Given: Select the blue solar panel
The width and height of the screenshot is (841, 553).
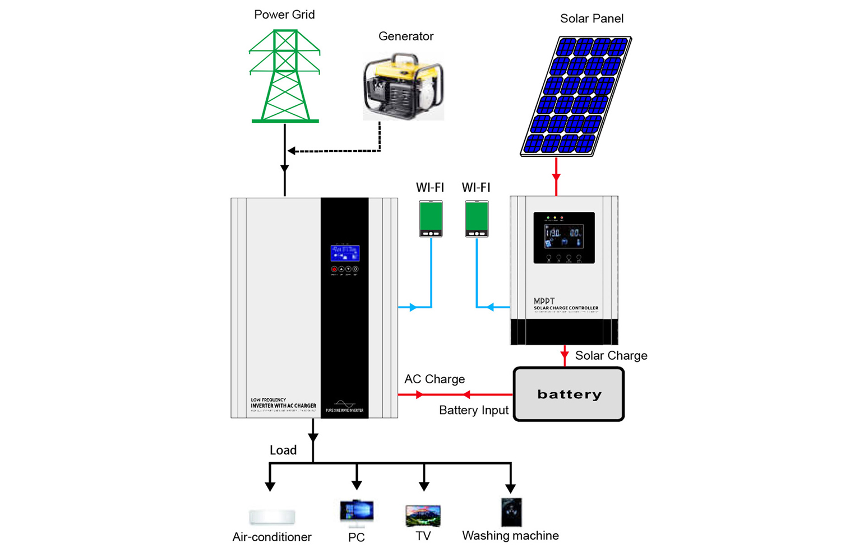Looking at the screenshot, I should pos(576,96).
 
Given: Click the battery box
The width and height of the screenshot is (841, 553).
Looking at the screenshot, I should pos(569,394).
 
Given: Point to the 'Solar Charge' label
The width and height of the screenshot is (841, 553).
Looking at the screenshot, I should pos(611,356).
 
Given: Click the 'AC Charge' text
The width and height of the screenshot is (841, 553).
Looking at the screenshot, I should pos(435,379).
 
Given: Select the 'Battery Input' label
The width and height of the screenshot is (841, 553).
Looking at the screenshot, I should pos(474,410).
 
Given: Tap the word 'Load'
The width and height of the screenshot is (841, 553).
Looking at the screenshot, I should pos(283,450).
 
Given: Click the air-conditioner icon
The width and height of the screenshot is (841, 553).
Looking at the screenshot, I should pos(272,517).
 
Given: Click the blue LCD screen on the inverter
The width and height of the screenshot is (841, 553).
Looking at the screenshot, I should pos(345,253).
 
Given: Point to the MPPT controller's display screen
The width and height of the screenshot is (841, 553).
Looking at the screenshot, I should pos(564,236).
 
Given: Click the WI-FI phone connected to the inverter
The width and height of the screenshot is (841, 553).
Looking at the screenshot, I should pos(431,219).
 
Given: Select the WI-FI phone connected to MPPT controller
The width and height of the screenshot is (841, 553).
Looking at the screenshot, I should pos(477,219).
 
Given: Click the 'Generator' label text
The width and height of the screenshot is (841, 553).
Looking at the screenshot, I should pos(406,36).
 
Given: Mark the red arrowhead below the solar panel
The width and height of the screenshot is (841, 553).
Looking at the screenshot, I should pos(556,177).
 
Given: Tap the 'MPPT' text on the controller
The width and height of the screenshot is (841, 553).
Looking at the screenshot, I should pos(544,301).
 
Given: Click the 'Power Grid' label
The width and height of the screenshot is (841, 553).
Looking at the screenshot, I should pos(284,15).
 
